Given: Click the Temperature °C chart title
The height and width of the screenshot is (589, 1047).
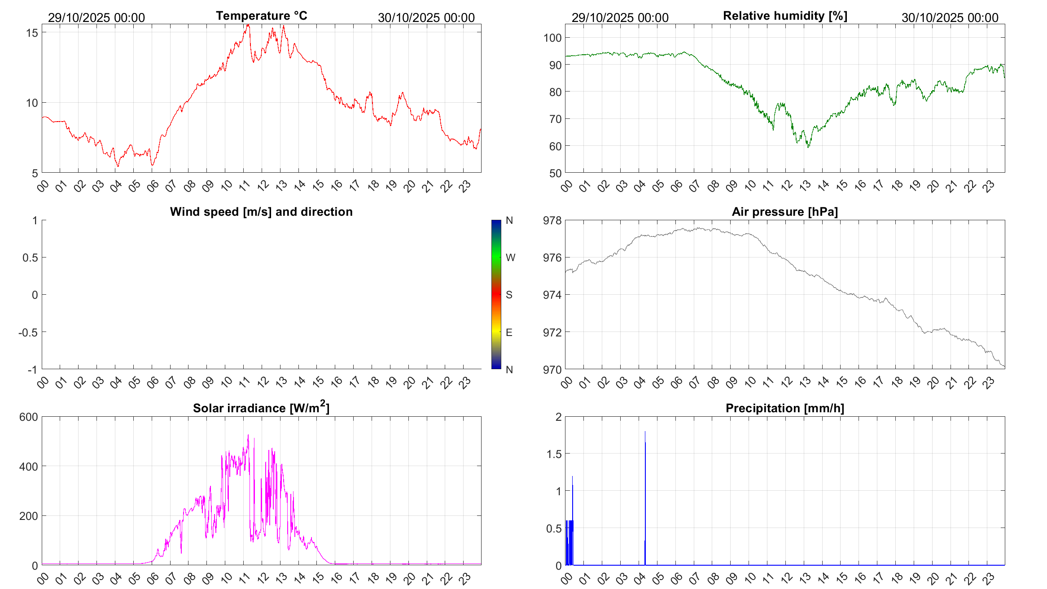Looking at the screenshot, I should point(261,16).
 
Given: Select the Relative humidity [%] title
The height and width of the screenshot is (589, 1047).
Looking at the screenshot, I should point(785,16).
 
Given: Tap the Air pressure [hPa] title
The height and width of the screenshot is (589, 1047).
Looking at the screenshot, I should point(784,212).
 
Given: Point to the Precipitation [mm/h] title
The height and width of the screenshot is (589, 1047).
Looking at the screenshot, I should point(784,408).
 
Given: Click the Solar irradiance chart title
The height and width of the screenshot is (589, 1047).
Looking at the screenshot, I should point(261,408).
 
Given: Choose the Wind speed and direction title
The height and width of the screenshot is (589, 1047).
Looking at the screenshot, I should point(261,212).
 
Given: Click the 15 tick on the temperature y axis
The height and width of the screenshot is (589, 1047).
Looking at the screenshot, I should point(32,33).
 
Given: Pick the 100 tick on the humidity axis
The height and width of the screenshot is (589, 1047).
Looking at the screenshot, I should point(552,38).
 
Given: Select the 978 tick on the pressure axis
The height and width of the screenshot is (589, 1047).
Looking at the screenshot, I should point(552,220).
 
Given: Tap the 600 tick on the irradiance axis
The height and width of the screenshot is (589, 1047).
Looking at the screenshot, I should point(29,417).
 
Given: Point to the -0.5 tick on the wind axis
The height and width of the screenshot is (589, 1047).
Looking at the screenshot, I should point(28,332).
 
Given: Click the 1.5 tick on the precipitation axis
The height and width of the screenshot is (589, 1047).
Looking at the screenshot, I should point(554,454).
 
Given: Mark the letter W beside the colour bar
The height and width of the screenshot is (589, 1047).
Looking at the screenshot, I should point(510,257).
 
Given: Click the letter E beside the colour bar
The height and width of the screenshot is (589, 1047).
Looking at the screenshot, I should point(509,332).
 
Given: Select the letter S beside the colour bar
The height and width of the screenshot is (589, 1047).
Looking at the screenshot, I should point(509,295).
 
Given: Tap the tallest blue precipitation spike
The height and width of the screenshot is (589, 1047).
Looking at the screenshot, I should point(645,433).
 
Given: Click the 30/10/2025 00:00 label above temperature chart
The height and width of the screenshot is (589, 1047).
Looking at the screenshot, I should point(426,18).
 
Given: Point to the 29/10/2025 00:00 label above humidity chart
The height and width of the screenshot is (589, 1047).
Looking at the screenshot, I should point(620,18).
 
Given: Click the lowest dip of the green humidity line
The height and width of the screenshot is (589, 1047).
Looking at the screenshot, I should point(808,147).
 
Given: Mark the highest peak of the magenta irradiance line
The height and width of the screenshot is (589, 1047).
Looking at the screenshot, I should point(248,435).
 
